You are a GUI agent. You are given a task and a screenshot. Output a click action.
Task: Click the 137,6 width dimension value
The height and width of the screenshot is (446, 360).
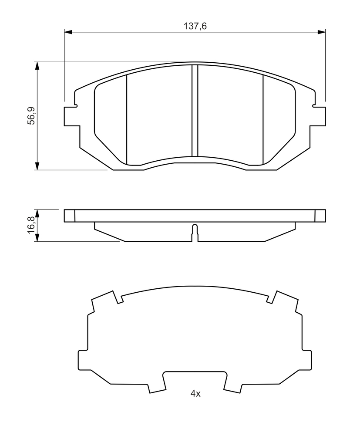pos(195,26)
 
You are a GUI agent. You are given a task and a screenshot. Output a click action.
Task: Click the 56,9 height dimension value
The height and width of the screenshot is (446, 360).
pos(31,115)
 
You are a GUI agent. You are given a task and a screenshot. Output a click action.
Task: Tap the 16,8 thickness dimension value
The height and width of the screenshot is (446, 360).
pos(31,225)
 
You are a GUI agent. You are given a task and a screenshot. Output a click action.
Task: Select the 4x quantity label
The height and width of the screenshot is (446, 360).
pos(195,394)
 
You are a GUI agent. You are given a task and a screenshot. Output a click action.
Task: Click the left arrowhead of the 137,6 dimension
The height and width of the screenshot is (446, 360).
pos(68,32)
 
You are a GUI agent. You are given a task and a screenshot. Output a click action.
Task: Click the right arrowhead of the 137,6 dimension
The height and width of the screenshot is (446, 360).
pos(321,32)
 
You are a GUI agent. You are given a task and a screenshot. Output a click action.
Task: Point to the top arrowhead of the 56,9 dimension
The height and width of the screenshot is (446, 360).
pos(37,66)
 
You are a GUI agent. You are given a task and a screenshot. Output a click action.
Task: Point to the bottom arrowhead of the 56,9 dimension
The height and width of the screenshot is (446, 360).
pos(37,166)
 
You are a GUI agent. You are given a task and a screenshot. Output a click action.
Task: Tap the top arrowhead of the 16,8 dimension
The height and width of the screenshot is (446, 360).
pos(37,214)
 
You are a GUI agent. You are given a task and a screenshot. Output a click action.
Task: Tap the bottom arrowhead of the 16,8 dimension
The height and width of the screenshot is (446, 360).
pos(37,237)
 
